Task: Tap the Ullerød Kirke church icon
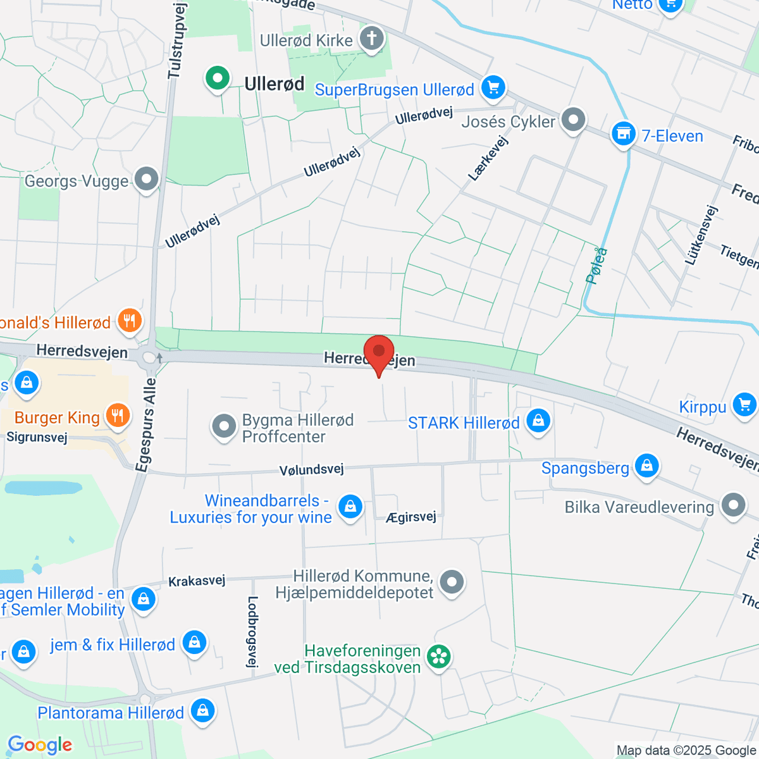(x=372, y=39)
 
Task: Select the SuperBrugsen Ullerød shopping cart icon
(x=493, y=88)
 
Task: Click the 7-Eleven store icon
(x=624, y=134)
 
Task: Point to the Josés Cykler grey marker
(x=574, y=120)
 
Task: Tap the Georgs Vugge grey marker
(x=147, y=180)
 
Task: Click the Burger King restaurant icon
(x=117, y=416)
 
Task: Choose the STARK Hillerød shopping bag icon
(x=538, y=421)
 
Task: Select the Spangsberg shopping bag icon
(x=646, y=467)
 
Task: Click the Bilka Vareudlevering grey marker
(x=733, y=505)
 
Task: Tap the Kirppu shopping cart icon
(x=744, y=405)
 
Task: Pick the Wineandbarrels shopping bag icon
(x=350, y=507)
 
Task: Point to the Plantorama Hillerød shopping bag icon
(x=202, y=711)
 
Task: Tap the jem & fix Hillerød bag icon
(x=194, y=643)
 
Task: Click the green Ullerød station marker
(x=217, y=79)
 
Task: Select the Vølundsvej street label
(x=311, y=469)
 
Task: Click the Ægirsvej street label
(x=411, y=517)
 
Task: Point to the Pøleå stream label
(x=596, y=266)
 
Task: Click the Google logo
(x=40, y=745)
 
